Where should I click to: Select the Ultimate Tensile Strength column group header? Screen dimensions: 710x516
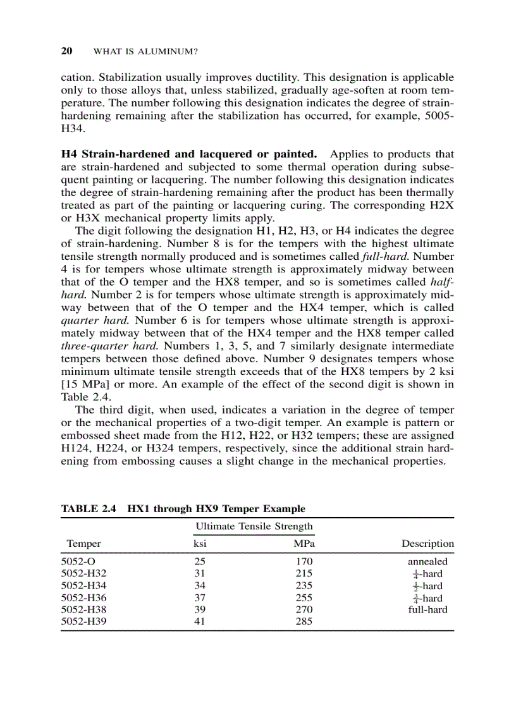pyautogui.click(x=254, y=526)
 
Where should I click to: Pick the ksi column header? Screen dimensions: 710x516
pyautogui.click(x=200, y=544)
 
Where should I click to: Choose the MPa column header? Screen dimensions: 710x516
pyautogui.click(x=304, y=544)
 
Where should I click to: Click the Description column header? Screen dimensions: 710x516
pyautogui.click(x=427, y=544)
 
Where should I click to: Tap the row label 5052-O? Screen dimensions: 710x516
pyautogui.click(x=78, y=561)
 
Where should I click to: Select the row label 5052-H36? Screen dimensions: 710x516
pyautogui.click(x=84, y=597)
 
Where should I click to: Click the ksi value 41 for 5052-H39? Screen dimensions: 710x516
pyautogui.click(x=200, y=621)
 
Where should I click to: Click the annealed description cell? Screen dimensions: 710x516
pyautogui.click(x=427, y=561)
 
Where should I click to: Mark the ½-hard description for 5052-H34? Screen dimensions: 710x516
pyautogui.click(x=427, y=586)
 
